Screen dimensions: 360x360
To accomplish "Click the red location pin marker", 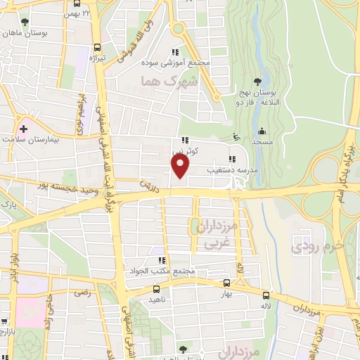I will pos(181,166).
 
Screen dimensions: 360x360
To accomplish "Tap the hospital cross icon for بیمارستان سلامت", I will pos(24,129).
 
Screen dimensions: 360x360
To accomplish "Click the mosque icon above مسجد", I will pos(262,131).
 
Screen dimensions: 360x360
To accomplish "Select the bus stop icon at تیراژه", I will pos(96,49).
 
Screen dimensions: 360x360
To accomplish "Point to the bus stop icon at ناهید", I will pos(156,288).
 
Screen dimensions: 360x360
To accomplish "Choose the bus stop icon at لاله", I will pos(265,296).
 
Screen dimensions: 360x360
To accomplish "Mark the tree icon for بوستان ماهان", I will pos(25,22).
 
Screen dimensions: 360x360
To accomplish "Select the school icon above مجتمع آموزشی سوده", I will pos(176,51).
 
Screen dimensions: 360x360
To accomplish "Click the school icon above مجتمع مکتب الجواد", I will pos(162,260).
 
